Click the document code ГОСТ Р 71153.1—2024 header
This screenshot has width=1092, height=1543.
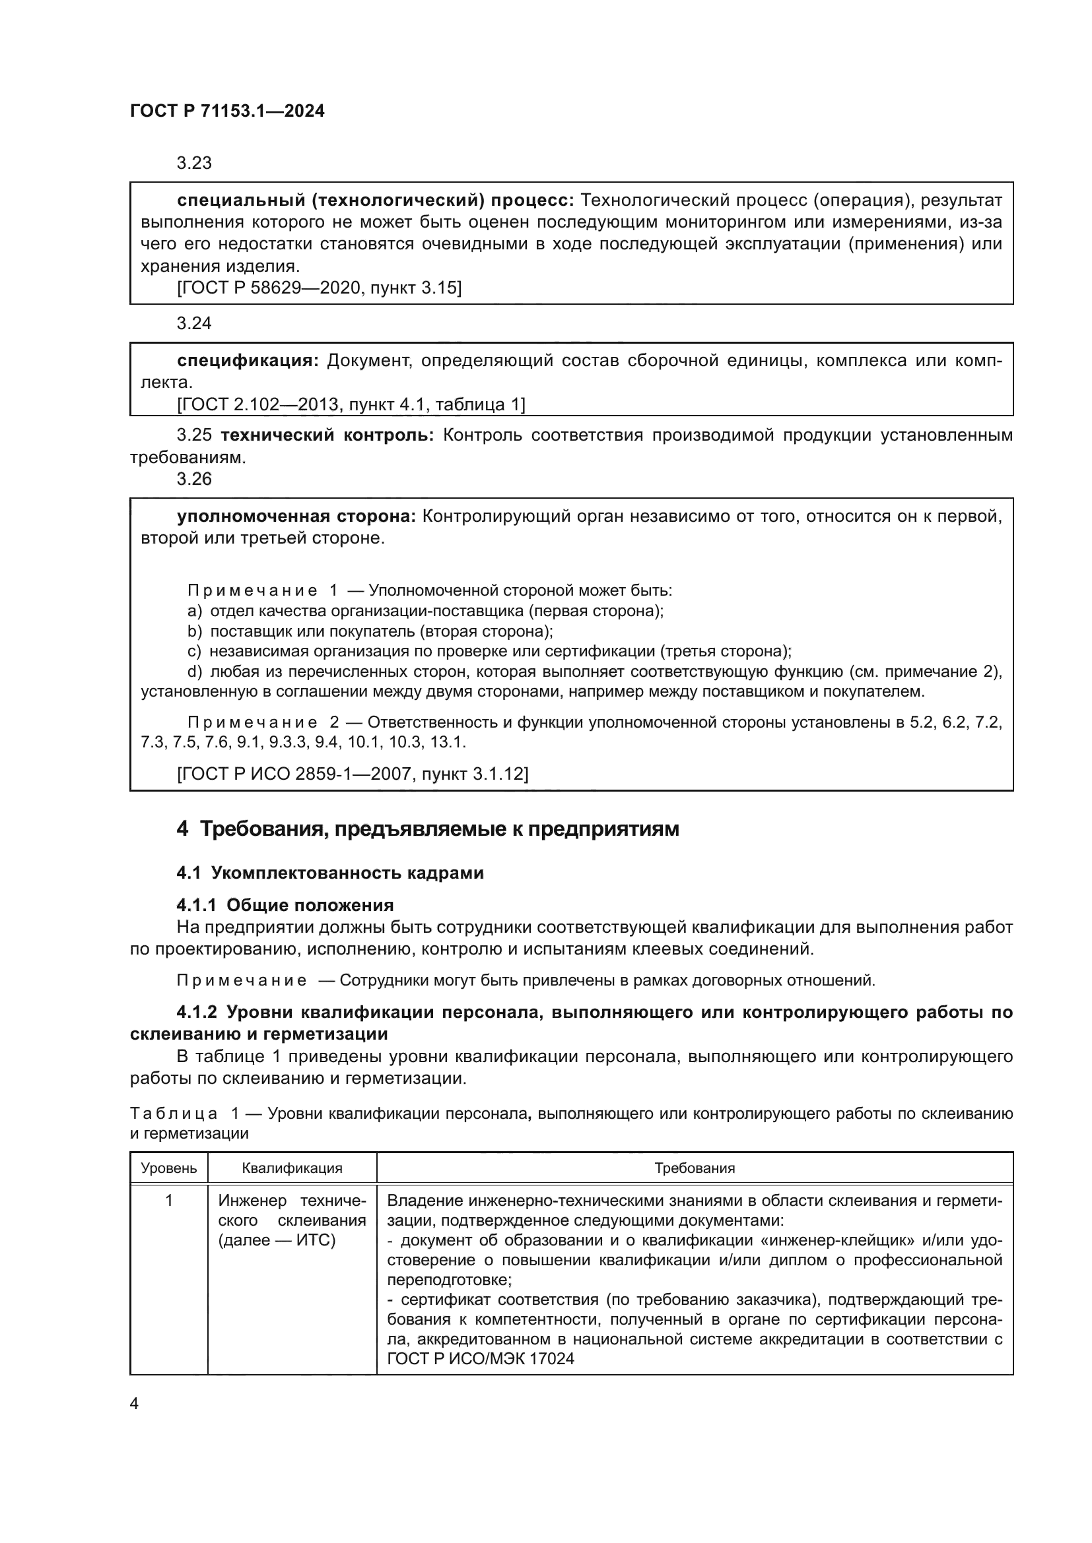226,111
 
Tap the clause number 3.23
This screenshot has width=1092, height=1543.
193,164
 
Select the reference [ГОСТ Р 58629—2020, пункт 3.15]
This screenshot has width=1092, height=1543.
319,288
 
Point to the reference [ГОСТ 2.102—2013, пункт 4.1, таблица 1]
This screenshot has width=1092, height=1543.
351,404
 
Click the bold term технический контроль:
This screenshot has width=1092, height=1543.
327,435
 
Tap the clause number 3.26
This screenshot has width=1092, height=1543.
193,478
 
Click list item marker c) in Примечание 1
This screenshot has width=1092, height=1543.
193,651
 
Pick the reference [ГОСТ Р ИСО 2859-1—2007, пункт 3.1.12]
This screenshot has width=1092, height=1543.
353,774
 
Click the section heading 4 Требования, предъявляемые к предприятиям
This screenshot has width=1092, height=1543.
428,829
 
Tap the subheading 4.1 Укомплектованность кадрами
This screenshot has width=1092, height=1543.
329,873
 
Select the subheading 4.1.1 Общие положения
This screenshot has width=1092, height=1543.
285,904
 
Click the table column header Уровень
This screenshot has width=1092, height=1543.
169,1168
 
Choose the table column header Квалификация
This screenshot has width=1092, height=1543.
292,1168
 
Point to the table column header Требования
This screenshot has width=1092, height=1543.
695,1168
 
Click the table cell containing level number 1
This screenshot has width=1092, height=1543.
169,1200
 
